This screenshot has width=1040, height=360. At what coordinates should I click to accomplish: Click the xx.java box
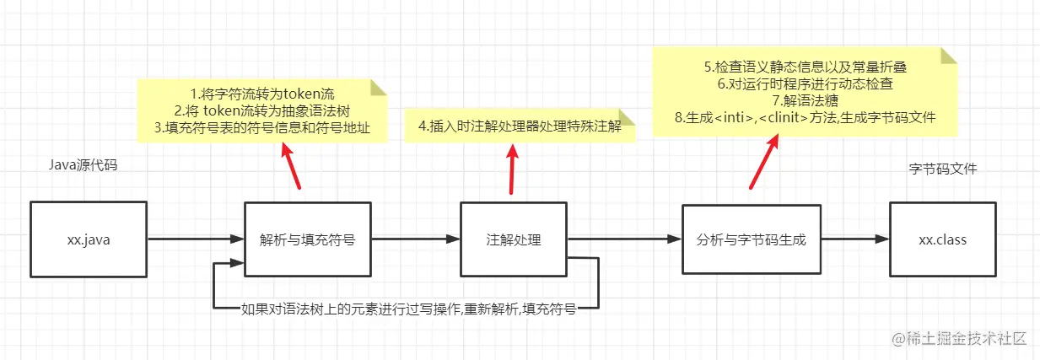(x=89, y=239)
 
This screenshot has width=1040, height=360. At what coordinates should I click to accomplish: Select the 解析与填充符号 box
(x=307, y=239)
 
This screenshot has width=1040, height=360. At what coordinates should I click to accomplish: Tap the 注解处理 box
(x=514, y=239)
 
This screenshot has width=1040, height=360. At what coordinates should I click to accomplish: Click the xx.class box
(x=942, y=239)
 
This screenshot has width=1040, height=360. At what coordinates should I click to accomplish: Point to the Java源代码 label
(x=83, y=165)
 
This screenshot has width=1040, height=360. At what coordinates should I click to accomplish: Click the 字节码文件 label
(x=942, y=169)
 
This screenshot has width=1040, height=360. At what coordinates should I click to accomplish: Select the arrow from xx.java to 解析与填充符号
(x=196, y=239)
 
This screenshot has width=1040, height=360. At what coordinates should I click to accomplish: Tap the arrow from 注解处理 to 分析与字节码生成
(x=624, y=239)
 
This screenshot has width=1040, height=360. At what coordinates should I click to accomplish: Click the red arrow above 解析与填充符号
(x=289, y=166)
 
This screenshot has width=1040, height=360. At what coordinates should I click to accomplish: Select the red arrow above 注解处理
(x=511, y=169)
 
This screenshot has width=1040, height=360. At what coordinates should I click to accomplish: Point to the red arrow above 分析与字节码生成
(x=762, y=159)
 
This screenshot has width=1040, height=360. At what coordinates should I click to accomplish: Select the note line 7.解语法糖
(x=806, y=101)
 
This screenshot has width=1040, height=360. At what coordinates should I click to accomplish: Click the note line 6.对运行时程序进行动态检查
(x=806, y=84)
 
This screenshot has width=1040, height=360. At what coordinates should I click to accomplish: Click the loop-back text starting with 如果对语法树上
(x=408, y=309)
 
